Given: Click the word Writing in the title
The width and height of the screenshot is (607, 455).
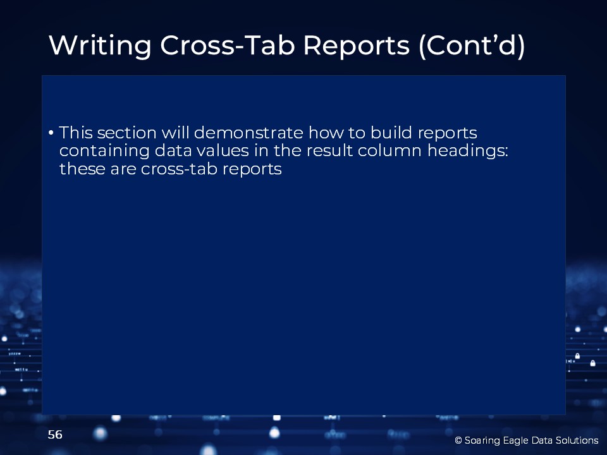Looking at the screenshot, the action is coord(100,46).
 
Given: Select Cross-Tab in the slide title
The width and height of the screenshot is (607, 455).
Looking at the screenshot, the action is coord(228,45).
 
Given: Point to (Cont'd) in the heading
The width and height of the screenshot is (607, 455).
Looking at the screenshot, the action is coord(472,46).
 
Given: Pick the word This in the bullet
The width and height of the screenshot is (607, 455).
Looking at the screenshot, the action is coord(75,133).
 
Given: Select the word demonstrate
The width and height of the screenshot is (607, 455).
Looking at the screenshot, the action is coord(248,133).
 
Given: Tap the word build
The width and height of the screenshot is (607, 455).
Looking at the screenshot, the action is coord(391,133).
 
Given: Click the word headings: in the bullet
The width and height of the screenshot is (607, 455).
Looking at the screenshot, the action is coord(467,151).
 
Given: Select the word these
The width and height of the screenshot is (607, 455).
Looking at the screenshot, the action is coord(82,169).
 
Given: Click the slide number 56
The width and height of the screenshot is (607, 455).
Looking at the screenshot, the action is coord(55,435).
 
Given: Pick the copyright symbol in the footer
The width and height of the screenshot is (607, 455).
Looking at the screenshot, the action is coord(458,440).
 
